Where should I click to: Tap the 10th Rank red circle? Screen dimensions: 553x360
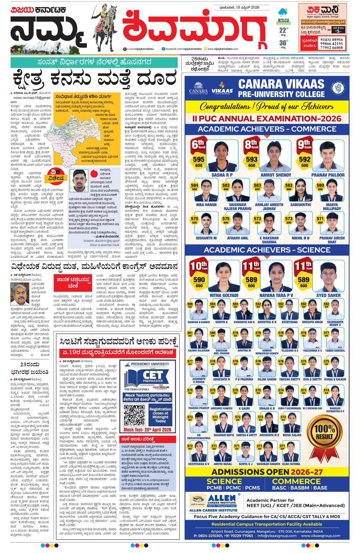pos(199,266)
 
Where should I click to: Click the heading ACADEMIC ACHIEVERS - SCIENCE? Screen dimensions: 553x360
pos(267,250)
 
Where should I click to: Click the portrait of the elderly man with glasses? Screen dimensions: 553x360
pos(20,293)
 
